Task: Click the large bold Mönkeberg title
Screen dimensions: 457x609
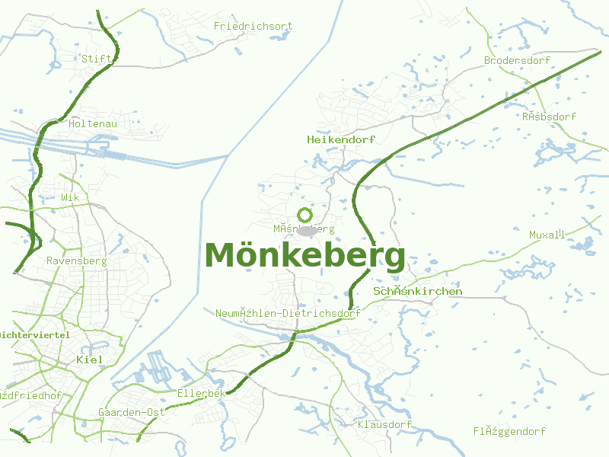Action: point(304,256)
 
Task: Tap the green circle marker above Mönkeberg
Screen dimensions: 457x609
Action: point(305,216)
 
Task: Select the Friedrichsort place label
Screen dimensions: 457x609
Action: point(253,27)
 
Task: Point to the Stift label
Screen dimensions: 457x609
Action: point(97,59)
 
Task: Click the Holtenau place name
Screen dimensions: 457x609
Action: point(92,123)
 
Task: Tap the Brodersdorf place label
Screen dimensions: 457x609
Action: point(517,60)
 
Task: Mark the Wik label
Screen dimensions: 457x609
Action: point(70,197)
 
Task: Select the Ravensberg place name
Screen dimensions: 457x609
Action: point(76,260)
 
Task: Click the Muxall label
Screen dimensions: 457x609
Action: point(547,235)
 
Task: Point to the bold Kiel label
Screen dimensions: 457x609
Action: point(90,359)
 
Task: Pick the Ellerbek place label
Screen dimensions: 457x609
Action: point(202,394)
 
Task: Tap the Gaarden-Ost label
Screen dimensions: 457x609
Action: point(132,413)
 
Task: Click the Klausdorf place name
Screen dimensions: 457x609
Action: point(384,424)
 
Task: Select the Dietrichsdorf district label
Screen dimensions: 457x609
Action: point(288,313)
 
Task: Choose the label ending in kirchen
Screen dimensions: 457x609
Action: point(418,292)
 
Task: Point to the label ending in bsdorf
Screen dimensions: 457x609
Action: point(549,117)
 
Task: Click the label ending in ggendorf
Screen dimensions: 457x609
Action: point(509,432)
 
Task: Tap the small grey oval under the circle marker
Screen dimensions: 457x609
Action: point(306,230)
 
